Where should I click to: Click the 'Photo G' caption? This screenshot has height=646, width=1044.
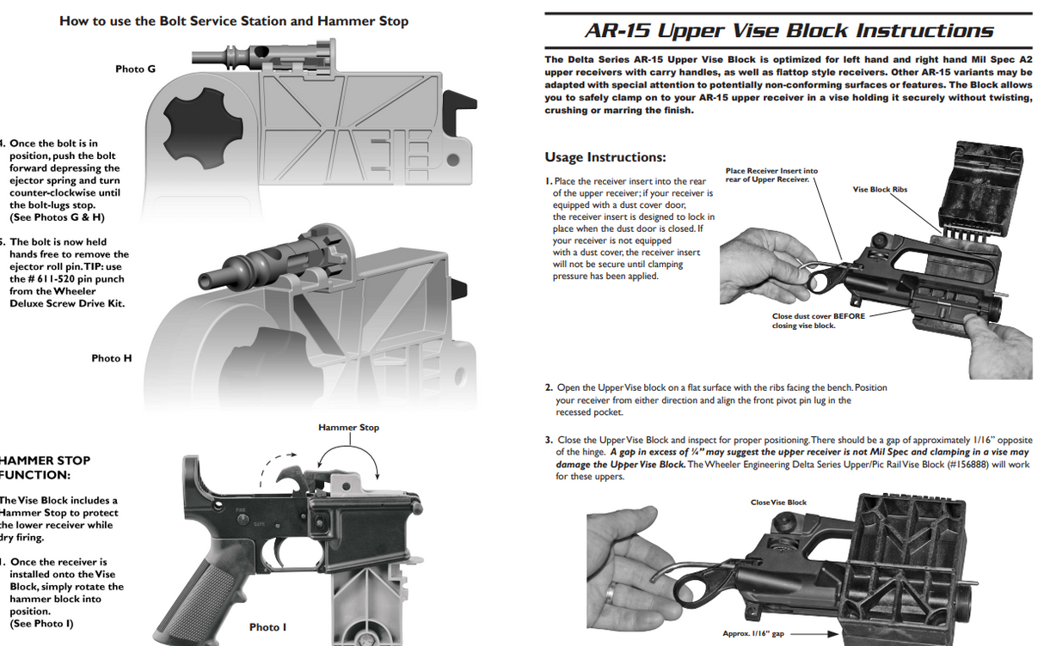(x=135, y=69)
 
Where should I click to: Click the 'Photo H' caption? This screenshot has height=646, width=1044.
(x=112, y=358)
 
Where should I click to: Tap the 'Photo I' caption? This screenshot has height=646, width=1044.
(x=267, y=627)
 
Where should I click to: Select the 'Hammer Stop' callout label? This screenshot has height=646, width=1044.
(x=348, y=427)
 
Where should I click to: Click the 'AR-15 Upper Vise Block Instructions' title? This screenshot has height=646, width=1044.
(x=788, y=32)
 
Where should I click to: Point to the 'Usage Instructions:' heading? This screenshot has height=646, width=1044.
(x=605, y=157)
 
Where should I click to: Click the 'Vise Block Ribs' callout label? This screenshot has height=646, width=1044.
(x=880, y=189)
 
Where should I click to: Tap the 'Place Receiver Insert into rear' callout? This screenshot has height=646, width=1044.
(x=771, y=174)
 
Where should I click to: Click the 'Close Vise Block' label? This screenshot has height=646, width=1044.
(x=778, y=503)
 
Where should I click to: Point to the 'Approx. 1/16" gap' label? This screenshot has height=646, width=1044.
(x=753, y=634)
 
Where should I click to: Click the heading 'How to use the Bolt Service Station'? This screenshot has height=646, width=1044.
(x=233, y=21)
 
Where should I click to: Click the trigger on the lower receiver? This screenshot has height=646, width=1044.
(x=281, y=552)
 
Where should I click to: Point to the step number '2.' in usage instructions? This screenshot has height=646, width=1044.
(x=549, y=387)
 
